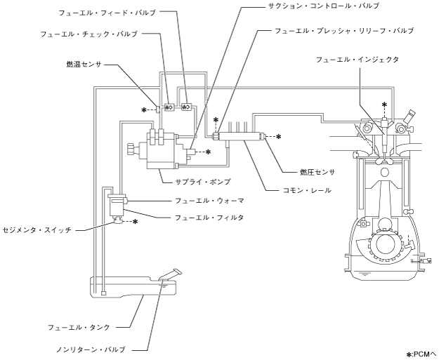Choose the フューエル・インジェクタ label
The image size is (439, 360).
coord(358,60)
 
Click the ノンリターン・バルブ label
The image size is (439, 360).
coord(82,347)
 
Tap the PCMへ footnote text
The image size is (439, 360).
coord(421,353)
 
